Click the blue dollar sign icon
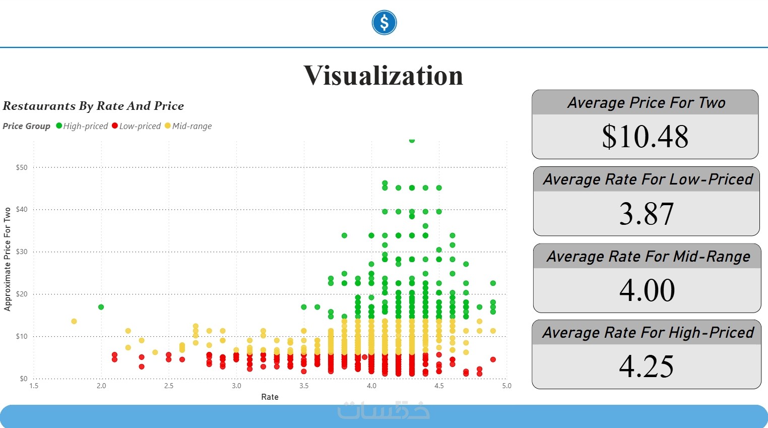(x=384, y=23)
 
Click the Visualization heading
(x=383, y=76)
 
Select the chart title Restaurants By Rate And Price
(x=93, y=106)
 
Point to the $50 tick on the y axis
(x=22, y=167)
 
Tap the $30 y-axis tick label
(x=22, y=252)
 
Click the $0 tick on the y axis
(x=23, y=379)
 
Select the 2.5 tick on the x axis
(x=169, y=386)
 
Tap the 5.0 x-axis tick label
(x=506, y=386)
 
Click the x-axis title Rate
(x=270, y=397)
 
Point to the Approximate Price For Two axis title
(x=8, y=259)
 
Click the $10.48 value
(x=645, y=136)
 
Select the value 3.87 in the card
(x=647, y=213)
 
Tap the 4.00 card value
(x=647, y=290)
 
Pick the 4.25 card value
(x=647, y=366)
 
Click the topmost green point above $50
(x=412, y=141)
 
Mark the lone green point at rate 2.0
(x=101, y=307)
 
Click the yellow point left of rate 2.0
(x=74, y=321)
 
